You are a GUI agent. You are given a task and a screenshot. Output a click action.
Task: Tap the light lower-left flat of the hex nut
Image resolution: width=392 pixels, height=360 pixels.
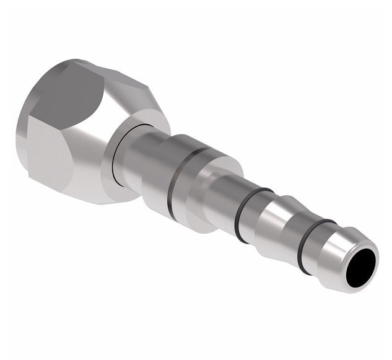point(50,161)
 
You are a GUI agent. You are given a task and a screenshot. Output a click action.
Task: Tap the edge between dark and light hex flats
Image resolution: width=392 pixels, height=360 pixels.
point(46,127)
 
